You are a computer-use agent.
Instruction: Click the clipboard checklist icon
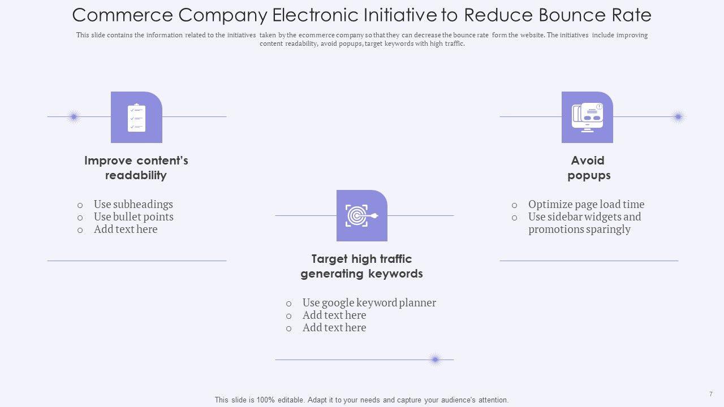pyautogui.click(x=136, y=118)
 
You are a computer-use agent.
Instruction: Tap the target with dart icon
pyautogui.click(x=361, y=215)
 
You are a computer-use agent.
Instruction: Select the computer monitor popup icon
pyautogui.click(x=587, y=117)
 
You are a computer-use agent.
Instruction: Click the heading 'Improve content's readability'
pyautogui.click(x=136, y=168)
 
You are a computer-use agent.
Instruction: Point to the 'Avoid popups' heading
pyautogui.click(x=588, y=168)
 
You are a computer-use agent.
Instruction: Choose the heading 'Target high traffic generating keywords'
pyautogui.click(x=361, y=266)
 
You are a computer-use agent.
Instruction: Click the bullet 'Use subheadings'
pyautogui.click(x=133, y=205)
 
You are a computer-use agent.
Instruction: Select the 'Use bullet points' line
pyautogui.click(x=133, y=217)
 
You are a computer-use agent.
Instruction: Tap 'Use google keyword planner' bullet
pyautogui.click(x=369, y=303)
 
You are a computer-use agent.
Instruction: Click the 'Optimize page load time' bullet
pyautogui.click(x=586, y=205)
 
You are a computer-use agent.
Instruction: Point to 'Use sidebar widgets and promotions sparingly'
pyautogui.click(x=584, y=223)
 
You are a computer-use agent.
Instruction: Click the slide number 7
pyautogui.click(x=710, y=394)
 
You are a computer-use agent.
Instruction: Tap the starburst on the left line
pyautogui.click(x=74, y=117)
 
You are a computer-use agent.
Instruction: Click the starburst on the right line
pyautogui.click(x=678, y=117)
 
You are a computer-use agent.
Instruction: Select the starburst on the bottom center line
pyautogui.click(x=435, y=359)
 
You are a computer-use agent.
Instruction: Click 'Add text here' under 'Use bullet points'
pyautogui.click(x=126, y=230)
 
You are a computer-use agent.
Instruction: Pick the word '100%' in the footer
pyautogui.click(x=266, y=400)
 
